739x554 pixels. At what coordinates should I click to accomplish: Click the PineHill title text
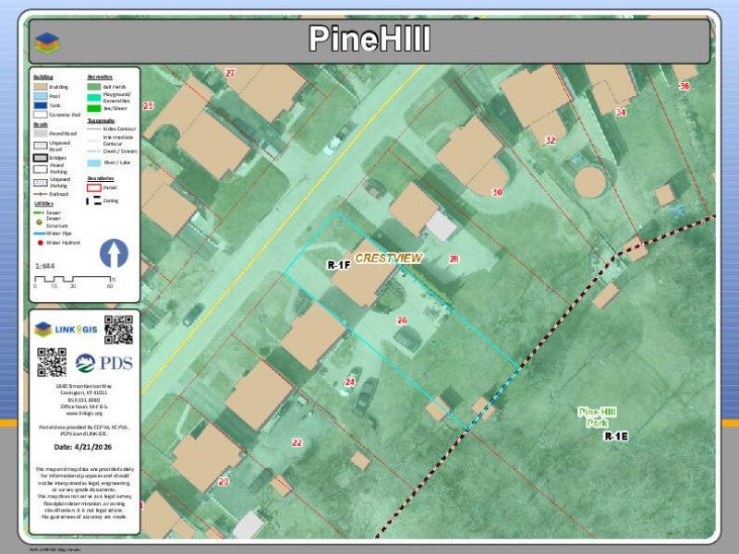[x=369, y=40]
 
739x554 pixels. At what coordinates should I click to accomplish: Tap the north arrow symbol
[x=113, y=254]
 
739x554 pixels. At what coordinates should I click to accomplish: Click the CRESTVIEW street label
[x=388, y=259]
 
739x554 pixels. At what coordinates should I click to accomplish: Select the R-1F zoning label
[x=338, y=266]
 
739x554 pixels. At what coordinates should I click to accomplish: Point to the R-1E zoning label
[x=616, y=436]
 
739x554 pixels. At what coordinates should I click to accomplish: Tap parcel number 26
[x=402, y=320]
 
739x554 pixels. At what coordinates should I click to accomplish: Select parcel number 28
[x=454, y=259]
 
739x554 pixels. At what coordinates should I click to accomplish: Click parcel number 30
[x=497, y=192]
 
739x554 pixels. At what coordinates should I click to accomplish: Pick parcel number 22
[x=297, y=442]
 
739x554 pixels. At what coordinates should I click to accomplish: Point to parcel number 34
[x=621, y=112]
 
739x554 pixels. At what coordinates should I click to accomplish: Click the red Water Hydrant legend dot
[x=41, y=243]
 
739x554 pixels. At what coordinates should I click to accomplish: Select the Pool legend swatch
[x=41, y=96]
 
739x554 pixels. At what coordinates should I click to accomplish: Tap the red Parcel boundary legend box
[x=95, y=187]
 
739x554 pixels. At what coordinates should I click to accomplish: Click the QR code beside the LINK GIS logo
[x=118, y=329]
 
